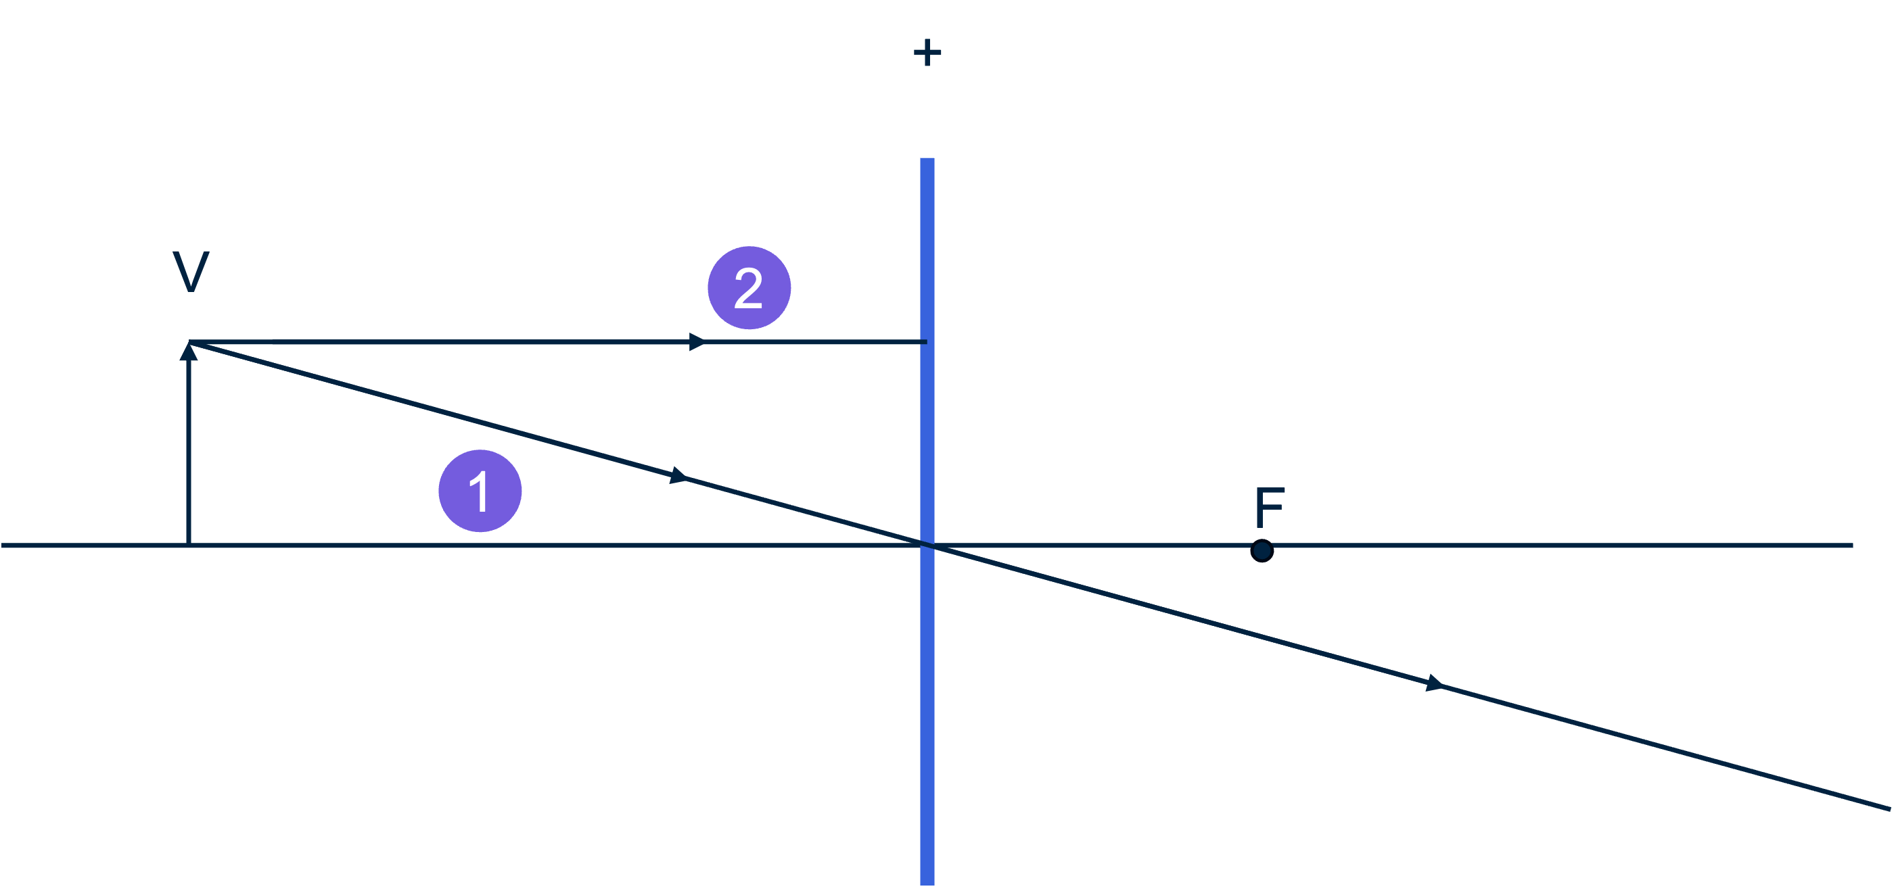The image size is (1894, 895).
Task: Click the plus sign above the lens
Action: click(927, 53)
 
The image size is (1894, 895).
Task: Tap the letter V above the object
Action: click(191, 272)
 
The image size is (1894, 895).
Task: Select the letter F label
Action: click(1269, 506)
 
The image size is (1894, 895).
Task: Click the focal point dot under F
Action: click(1262, 550)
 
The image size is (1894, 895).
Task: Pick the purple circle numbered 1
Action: click(480, 491)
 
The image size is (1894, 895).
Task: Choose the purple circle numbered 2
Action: click(749, 287)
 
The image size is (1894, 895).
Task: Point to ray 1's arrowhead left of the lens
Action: click(678, 476)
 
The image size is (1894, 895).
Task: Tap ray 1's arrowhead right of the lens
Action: click(1435, 683)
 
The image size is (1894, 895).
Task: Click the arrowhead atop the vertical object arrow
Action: click(189, 352)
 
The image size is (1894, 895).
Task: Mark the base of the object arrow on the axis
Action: click(189, 544)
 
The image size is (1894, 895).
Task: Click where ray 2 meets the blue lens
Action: click(927, 341)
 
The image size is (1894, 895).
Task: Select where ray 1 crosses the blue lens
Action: click(927, 544)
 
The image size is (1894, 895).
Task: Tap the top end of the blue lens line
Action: click(927, 160)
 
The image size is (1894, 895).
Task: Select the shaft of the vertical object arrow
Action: click(189, 456)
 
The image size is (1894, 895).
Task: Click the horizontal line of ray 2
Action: click(441, 341)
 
